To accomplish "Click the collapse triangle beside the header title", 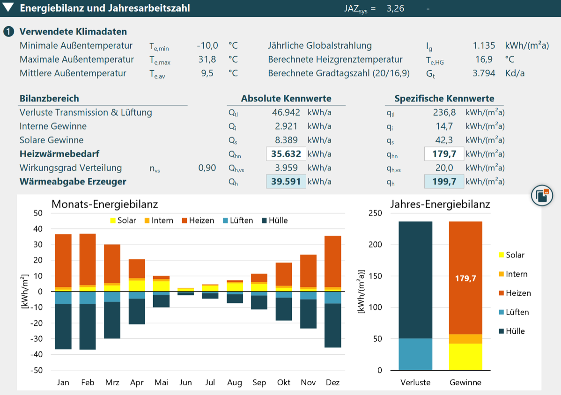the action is click(x=8, y=7).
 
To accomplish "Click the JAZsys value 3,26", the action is click(x=395, y=8).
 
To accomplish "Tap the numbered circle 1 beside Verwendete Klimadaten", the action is click(x=8, y=31).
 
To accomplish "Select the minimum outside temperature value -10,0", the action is click(x=207, y=45).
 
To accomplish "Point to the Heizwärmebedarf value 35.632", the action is click(x=286, y=154).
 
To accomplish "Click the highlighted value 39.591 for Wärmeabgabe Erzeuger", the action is click(x=286, y=182).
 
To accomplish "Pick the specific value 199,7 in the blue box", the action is click(x=444, y=182).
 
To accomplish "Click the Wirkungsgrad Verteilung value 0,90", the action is click(x=207, y=168).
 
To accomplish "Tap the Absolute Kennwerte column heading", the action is click(x=286, y=98).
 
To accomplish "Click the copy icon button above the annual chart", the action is click(x=542, y=196).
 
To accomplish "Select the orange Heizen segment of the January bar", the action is click(x=63, y=261).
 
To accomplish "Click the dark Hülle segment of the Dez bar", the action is click(x=333, y=325).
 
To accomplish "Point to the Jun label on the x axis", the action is click(x=185, y=382).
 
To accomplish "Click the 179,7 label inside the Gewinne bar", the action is click(x=465, y=278).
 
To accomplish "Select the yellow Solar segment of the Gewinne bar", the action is click(x=465, y=357).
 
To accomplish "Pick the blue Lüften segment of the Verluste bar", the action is click(x=415, y=354).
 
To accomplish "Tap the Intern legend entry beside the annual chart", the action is click(x=513, y=274).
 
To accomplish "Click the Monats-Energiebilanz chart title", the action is click(x=105, y=204).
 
